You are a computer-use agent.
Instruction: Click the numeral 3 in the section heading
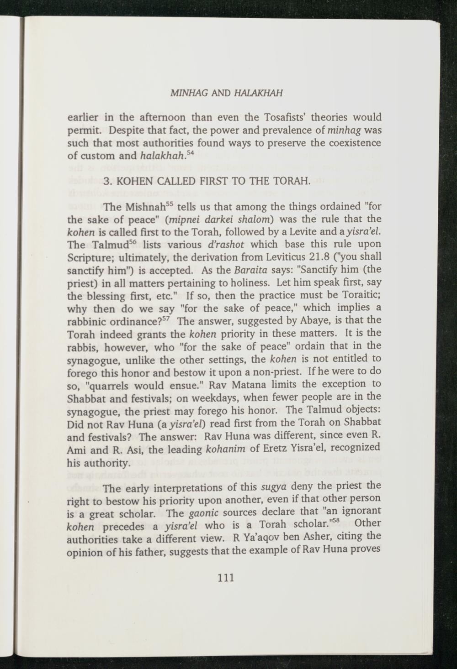click(106, 182)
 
